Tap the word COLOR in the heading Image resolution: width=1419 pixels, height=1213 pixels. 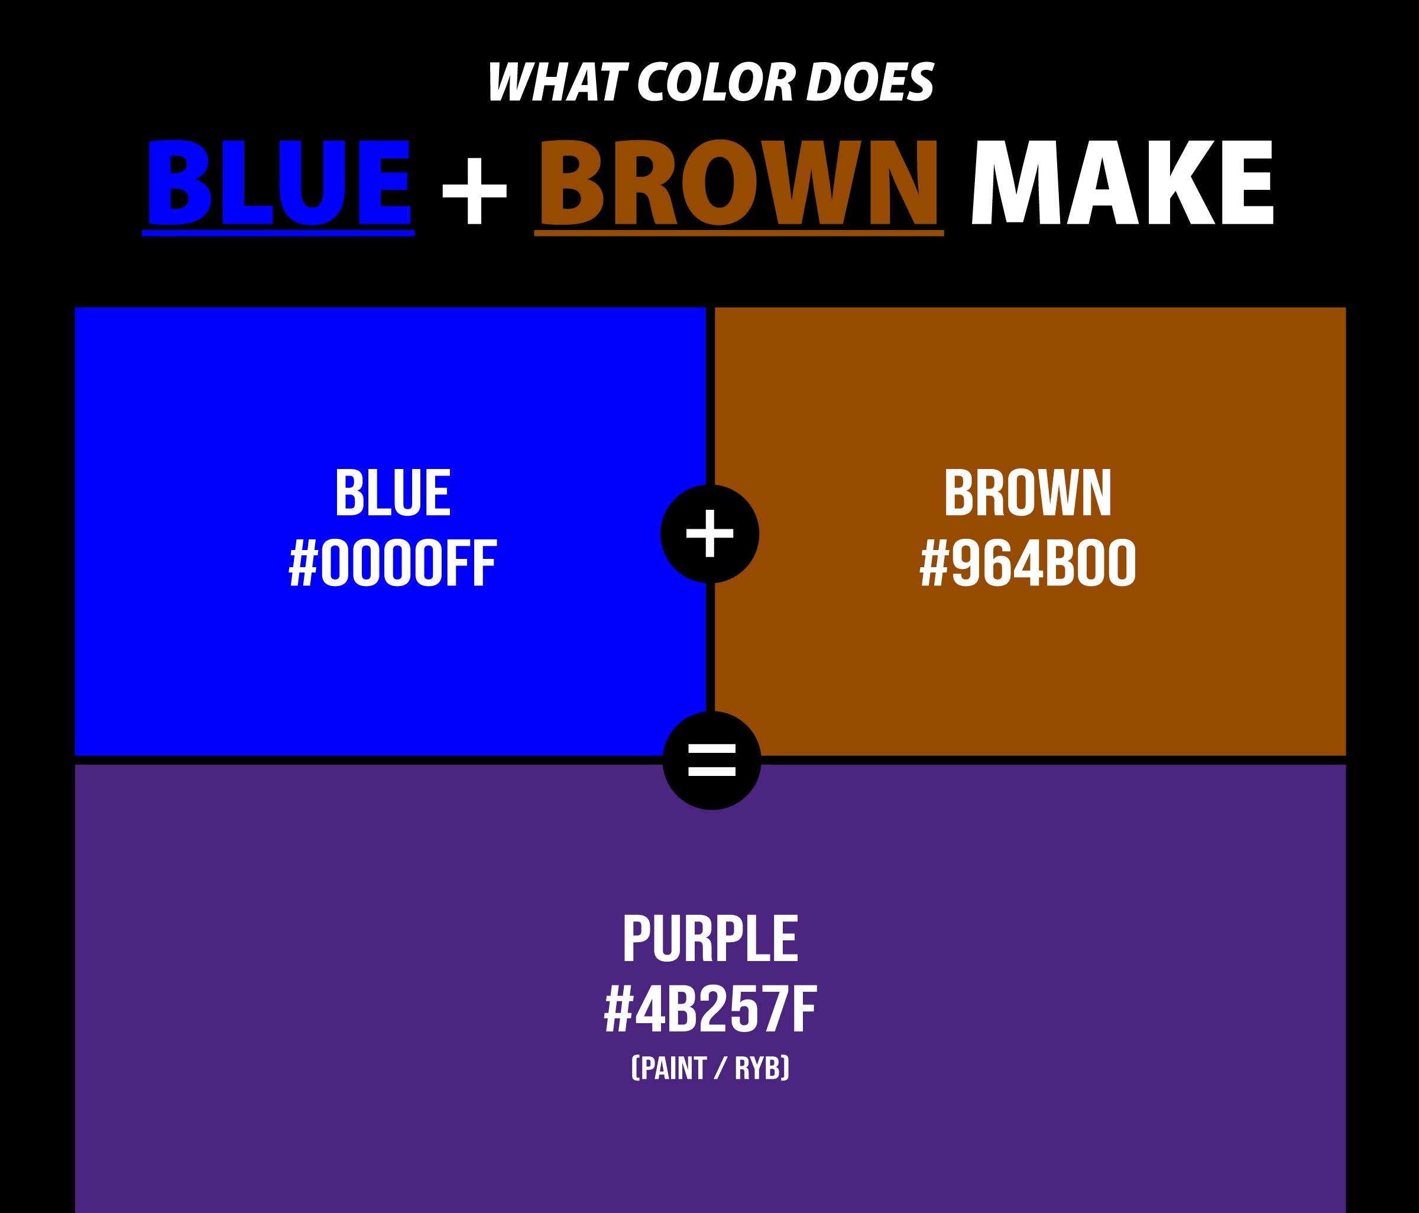(715, 83)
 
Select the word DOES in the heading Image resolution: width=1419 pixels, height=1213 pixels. (870, 83)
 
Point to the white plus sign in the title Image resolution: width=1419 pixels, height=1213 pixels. (475, 190)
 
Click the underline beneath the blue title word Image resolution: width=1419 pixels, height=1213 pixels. (278, 233)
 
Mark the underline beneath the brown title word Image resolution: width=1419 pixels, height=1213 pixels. (738, 233)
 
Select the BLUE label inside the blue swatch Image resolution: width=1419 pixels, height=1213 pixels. (393, 493)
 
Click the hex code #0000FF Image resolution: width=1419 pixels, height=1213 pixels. (393, 564)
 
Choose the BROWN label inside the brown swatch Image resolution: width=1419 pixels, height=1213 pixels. (1027, 493)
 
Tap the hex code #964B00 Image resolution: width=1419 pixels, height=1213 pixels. (1027, 564)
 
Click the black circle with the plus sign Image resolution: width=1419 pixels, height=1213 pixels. (710, 533)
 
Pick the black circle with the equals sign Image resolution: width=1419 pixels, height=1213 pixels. (711, 760)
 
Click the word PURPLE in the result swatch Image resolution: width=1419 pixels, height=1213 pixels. (710, 939)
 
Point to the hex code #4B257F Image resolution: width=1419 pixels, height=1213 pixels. (710, 1010)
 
